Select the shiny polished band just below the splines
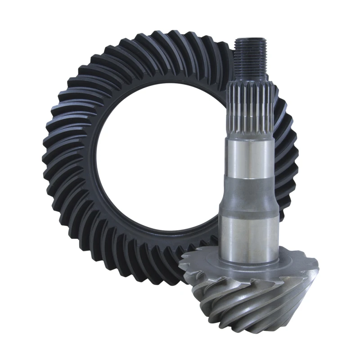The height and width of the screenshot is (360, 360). [250, 157]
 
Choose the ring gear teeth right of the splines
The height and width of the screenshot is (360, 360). [286, 135]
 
